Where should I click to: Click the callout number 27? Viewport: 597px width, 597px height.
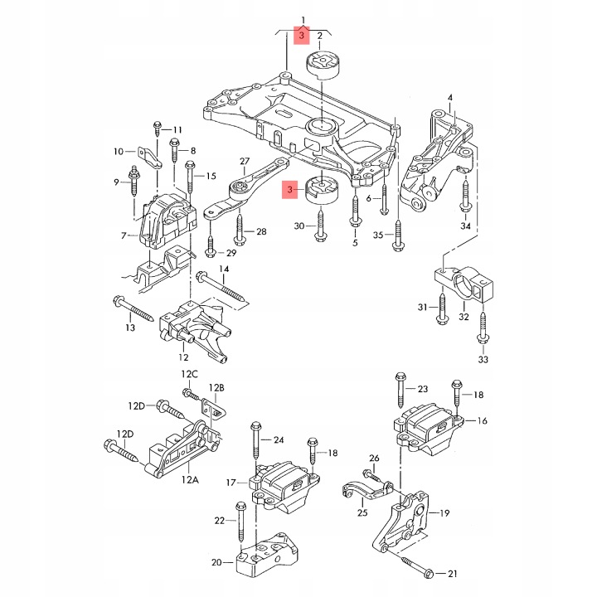pos(245,161)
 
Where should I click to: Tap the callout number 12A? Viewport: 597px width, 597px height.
pos(190,480)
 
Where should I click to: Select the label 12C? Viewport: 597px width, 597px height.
pos(189,374)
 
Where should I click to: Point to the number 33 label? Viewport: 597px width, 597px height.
pos(483,359)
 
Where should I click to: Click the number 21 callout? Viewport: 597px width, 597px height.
pos(452,573)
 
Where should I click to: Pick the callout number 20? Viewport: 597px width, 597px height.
pos(216,562)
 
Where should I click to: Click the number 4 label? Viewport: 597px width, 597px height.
pos(450,98)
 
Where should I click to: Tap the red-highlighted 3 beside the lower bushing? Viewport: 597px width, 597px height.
pos(290,189)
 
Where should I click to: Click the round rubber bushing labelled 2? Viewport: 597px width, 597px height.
pos(323,65)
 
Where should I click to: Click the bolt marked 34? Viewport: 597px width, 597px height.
pos(465,195)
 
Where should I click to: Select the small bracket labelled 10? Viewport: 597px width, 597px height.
pos(149,158)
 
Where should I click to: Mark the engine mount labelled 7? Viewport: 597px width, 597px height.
pos(167,221)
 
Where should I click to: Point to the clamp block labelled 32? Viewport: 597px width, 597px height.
pos(465,284)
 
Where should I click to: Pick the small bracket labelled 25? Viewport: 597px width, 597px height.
pos(366,492)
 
